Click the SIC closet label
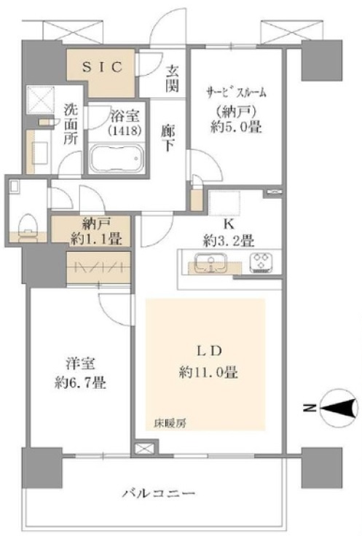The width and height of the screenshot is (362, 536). coord(102,67)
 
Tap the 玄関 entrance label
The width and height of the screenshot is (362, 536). coord(173,79)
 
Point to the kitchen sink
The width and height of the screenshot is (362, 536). coord(210,262)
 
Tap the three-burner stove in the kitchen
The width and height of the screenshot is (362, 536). coord(261,262)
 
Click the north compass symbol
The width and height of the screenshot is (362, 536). coord(338,408)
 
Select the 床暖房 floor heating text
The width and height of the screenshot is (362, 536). coord(170,424)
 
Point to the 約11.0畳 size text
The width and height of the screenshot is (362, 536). coord(208,371)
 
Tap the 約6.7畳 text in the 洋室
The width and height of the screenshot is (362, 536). coord(80,383)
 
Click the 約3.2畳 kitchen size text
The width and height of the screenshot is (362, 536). coord(229,241)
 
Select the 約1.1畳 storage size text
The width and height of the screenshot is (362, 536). coord(96,239)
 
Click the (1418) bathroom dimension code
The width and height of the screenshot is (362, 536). coord(125,130)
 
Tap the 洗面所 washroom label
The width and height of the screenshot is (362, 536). coord(71,124)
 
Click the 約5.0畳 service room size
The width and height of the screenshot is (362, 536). coord(236,127)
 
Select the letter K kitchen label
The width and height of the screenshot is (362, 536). coord(229,224)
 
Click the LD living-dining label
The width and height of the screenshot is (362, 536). coord(209,351)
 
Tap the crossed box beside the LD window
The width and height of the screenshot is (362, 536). coord(141,449)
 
